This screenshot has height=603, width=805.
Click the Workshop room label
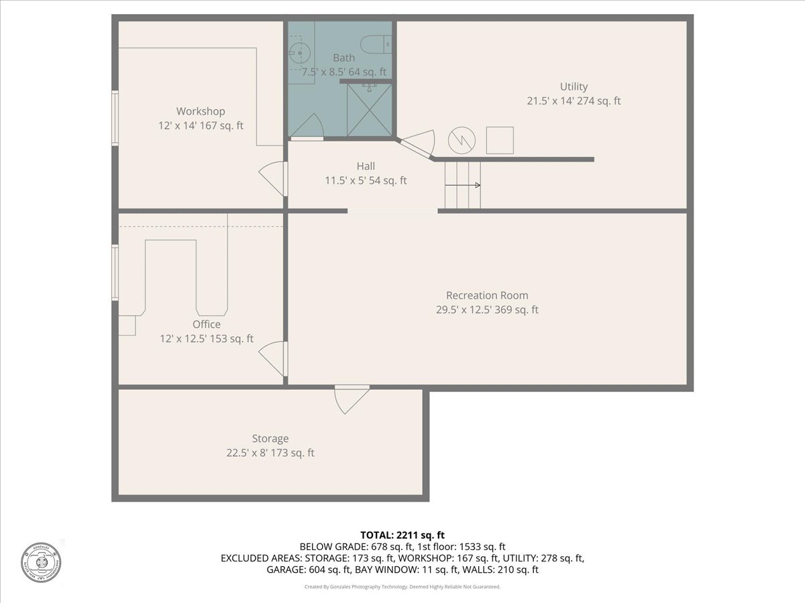[x=201, y=111]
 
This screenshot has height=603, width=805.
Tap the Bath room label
[x=344, y=58]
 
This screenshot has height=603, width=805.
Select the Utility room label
[x=574, y=86]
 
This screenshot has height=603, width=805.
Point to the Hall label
[x=366, y=166]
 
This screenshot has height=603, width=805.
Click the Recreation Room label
[x=487, y=295]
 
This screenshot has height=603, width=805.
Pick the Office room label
[x=206, y=324]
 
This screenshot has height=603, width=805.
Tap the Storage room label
[x=270, y=439]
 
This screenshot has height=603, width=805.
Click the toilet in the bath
[x=376, y=44]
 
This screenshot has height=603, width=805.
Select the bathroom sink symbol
[x=299, y=51]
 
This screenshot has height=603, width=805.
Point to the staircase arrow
[x=463, y=185]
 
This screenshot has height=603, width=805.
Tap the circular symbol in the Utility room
[x=462, y=139]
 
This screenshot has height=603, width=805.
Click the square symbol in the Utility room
[x=500, y=140]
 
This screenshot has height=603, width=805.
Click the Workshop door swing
[x=273, y=178]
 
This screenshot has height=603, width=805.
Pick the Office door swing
[x=273, y=358]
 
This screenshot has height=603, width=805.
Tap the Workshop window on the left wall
[x=115, y=118]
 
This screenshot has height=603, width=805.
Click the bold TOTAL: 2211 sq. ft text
[x=402, y=535]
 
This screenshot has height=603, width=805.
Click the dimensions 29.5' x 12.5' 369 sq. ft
[x=487, y=310]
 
